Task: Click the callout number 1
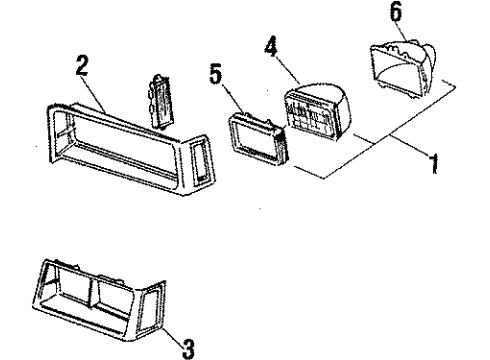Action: pyautogui.click(x=434, y=163)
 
